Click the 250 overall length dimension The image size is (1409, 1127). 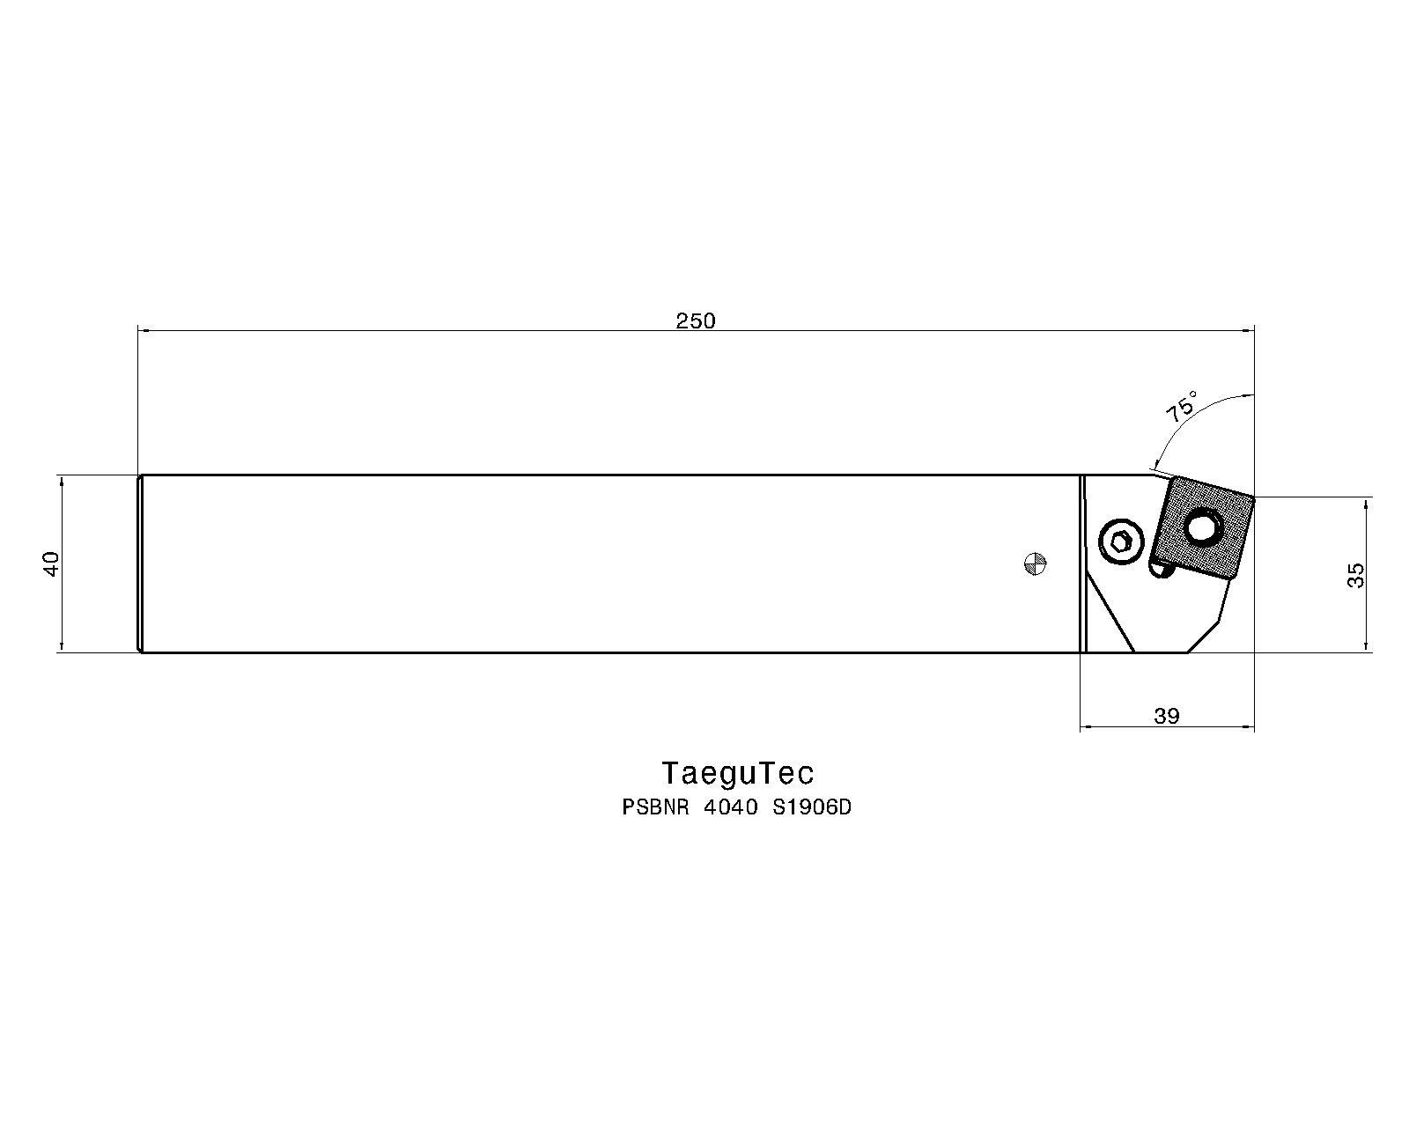point(696,320)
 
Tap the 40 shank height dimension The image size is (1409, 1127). point(51,563)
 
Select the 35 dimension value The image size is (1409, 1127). point(1356,576)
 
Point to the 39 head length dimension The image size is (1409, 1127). point(1167,717)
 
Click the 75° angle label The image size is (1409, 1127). point(1182,406)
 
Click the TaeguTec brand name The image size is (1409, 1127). point(737,773)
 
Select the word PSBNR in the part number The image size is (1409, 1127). point(655,807)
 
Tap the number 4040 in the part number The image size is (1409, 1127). point(731,807)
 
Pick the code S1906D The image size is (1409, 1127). point(812,807)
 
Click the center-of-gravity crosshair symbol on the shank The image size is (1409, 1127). point(1035,563)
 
